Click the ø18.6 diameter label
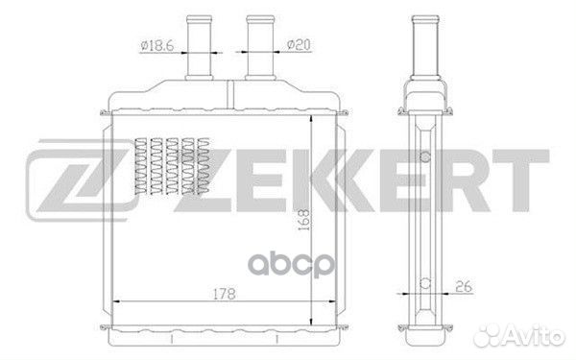(157, 46)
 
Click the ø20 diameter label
(299, 45)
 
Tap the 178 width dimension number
(225, 294)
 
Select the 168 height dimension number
(303, 220)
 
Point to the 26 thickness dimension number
(464, 286)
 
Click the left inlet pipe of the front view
(200, 47)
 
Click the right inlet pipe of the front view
(260, 47)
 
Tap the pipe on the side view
(425, 47)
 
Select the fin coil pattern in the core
(172, 166)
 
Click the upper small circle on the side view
(425, 156)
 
